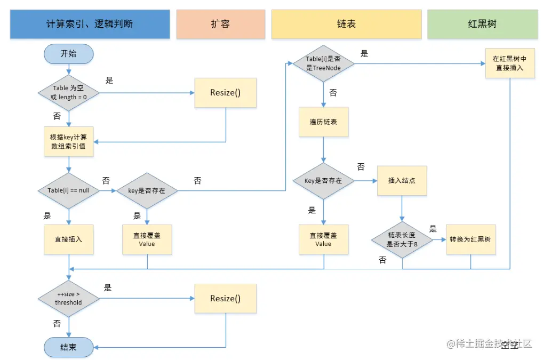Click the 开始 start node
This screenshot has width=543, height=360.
(68, 54)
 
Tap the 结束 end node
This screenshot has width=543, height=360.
(68, 347)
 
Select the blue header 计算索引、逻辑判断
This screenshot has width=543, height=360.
(90, 24)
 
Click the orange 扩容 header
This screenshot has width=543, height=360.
(220, 24)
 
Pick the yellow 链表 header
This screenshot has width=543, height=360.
(346, 24)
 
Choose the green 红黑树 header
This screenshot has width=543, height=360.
(482, 24)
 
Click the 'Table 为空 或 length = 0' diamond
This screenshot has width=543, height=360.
(68, 92)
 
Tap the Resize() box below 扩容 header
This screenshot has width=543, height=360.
(225, 93)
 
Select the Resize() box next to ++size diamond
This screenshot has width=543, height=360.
(225, 298)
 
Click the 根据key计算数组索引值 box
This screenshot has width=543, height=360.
(68, 141)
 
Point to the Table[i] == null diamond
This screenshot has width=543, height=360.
(68, 190)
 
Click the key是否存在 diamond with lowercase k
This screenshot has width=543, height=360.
(147, 190)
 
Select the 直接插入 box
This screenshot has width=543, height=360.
(68, 239)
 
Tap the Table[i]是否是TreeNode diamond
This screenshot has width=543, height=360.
(323, 63)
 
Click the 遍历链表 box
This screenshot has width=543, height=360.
(323, 122)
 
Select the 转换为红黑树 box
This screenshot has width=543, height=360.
(470, 239)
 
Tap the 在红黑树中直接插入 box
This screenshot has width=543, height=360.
(509, 63)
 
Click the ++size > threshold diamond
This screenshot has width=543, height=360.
(68, 298)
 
